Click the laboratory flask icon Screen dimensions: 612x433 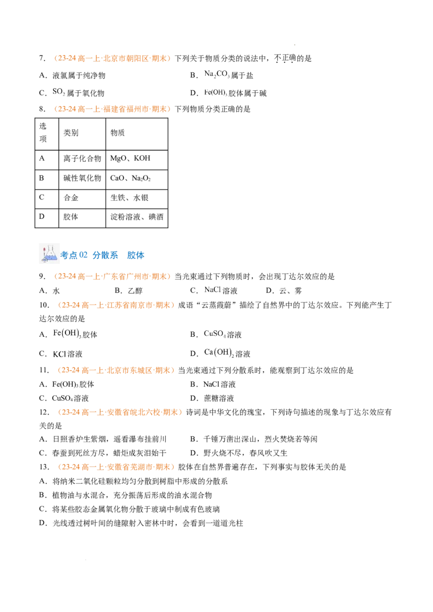coord(48,254)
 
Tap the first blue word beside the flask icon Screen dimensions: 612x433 coord(68,255)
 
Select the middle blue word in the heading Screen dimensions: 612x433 coord(101,255)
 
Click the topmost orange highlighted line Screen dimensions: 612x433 coord(113,58)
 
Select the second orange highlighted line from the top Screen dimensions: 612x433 coord(113,109)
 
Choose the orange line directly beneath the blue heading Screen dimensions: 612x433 coord(113,277)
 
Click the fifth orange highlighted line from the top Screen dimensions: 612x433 coord(116,371)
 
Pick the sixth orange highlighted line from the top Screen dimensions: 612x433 coord(119,413)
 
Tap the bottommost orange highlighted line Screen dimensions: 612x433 coord(116,467)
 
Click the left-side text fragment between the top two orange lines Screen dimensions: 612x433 coord(59,92)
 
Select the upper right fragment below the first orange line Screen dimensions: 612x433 coord(216,74)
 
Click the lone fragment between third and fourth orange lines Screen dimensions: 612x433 coord(212,290)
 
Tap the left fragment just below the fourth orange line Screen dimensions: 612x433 coord(67,334)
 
